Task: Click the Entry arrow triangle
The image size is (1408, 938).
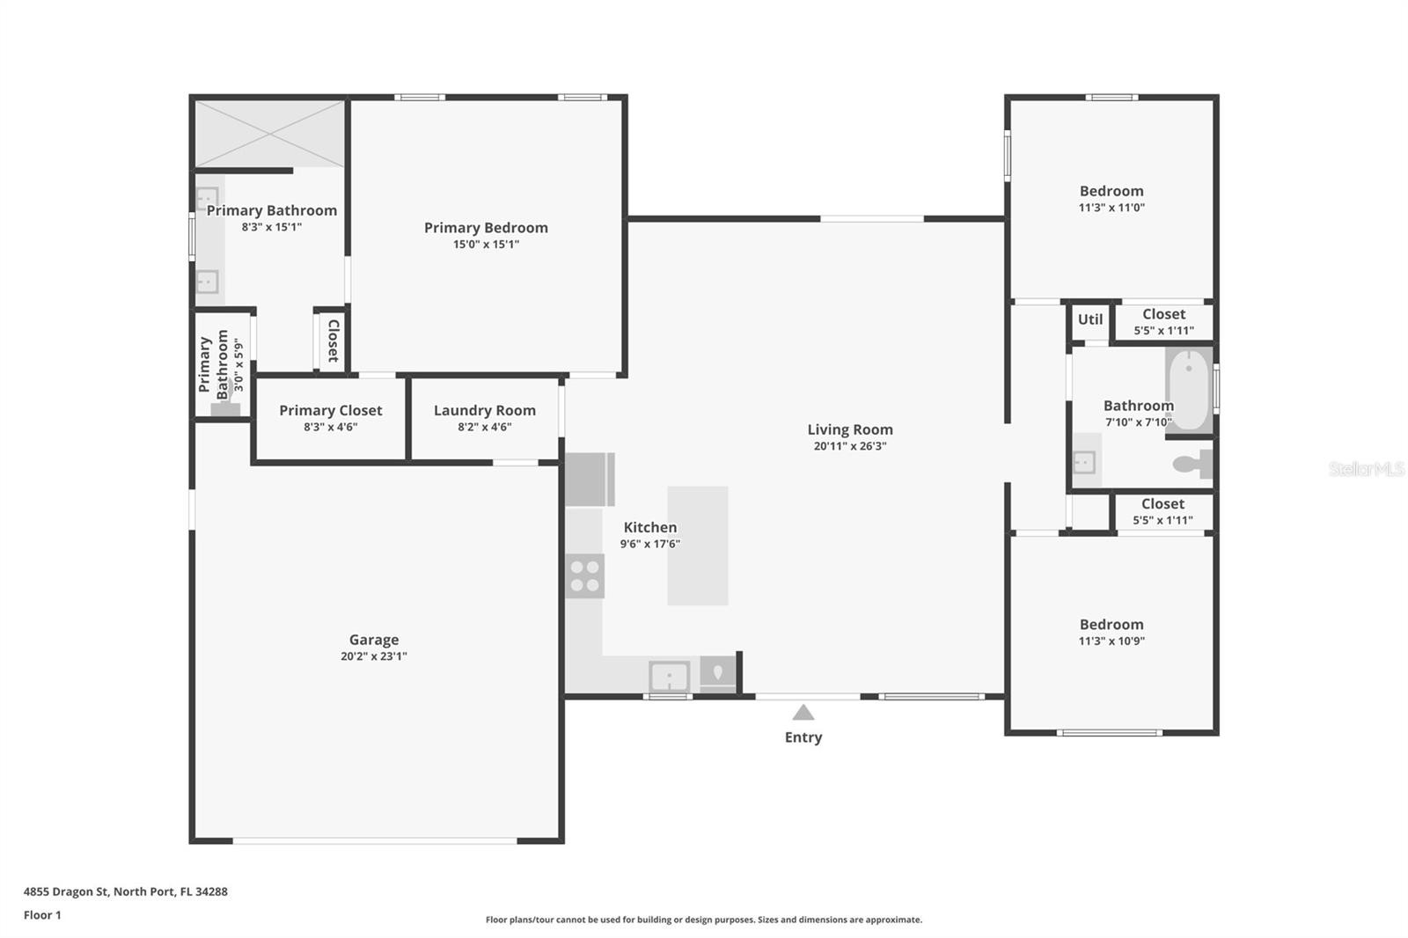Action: pos(803,713)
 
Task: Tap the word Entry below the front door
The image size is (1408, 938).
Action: pos(803,737)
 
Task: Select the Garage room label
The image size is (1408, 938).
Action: pos(374,640)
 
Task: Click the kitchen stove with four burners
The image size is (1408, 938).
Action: pos(584,575)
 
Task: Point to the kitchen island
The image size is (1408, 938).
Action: pos(698,546)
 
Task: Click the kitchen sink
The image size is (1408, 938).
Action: pos(670,677)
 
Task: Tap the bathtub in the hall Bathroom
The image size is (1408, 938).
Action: pos(1189,390)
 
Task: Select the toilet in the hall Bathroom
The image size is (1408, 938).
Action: pos(1192,464)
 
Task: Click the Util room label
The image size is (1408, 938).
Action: pos(1090,319)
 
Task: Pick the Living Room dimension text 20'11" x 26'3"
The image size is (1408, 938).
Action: pos(850,446)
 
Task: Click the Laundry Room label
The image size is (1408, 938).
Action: pos(485,411)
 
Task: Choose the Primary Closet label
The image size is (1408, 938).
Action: pos(331,411)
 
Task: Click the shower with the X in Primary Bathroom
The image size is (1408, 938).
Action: pos(269,134)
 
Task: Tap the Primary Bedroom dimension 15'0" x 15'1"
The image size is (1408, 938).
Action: pos(486,244)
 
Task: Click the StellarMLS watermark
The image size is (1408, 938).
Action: pos(1367,468)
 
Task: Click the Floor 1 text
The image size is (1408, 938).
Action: pos(43,915)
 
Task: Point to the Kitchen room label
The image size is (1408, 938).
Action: pos(650,527)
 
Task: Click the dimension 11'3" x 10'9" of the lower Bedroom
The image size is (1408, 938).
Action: pos(1111,641)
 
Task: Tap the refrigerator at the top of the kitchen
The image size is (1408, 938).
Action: pos(590,480)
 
